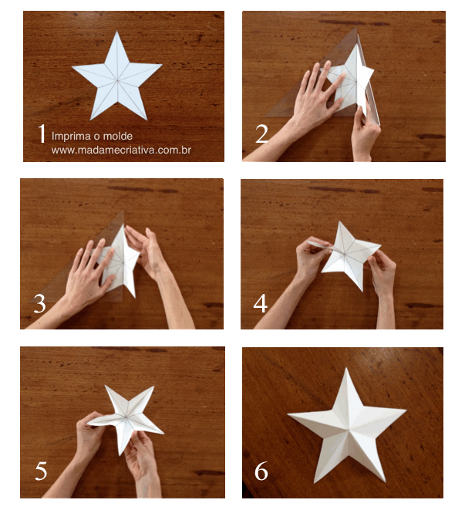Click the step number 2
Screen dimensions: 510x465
pos(262,134)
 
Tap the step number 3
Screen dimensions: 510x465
pos(40,304)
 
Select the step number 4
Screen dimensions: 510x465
pos(261,303)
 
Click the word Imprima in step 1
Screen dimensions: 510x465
pos(69,136)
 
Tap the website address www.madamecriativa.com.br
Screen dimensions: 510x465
pos(121,150)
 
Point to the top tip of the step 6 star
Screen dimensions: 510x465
pos(344,370)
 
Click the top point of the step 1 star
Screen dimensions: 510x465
pos(116,33)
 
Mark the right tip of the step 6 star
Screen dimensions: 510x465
pos(405,410)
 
